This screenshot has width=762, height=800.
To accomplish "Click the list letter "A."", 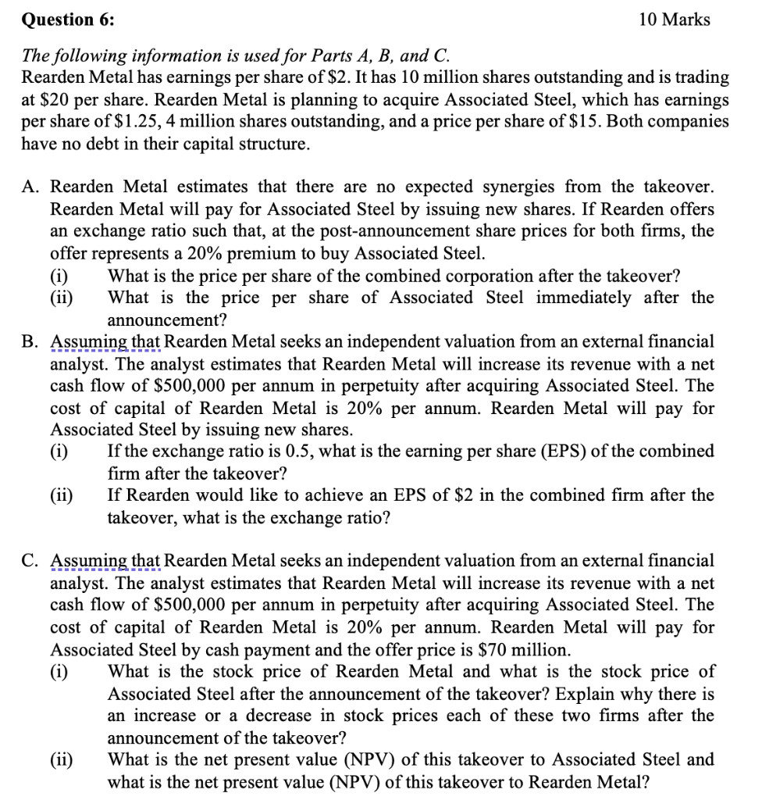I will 31,187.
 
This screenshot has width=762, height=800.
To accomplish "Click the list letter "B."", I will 31,341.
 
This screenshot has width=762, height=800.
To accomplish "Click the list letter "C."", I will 31,561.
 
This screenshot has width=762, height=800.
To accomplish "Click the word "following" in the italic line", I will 88,55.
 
